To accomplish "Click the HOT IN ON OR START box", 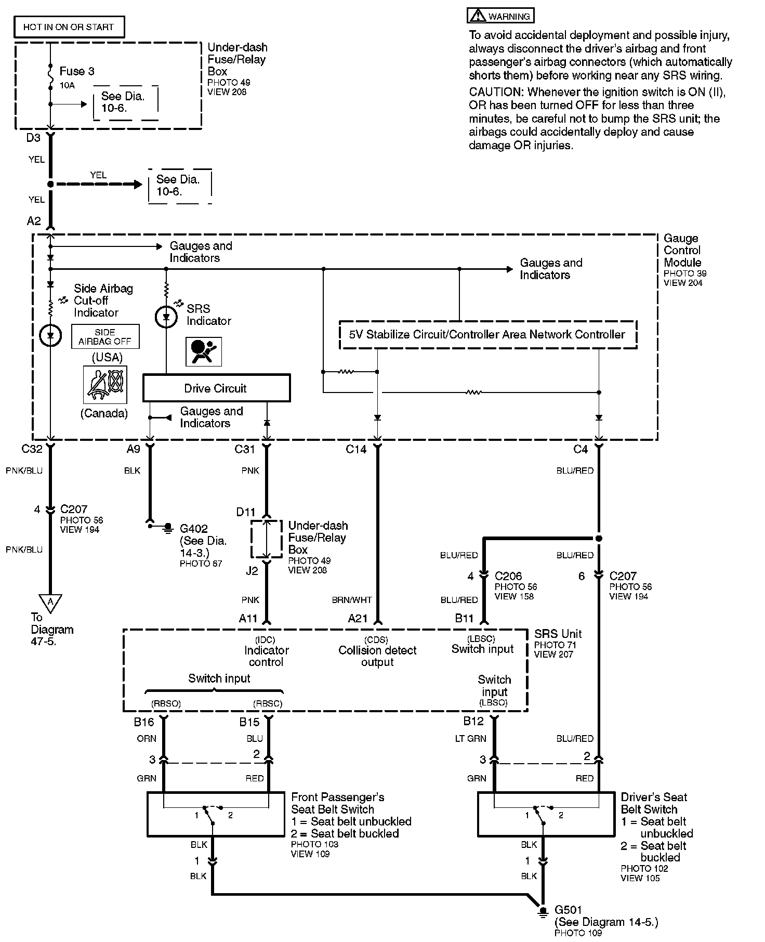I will coord(68,27).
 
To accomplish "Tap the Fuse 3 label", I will coord(77,71).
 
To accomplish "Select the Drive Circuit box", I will coord(216,388).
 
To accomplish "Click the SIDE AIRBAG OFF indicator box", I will coord(105,337).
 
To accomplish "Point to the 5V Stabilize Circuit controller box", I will coord(487,334).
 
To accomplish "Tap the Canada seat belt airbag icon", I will coord(105,385).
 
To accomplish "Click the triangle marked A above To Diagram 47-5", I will coord(50,602).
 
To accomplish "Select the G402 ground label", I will coord(194,529).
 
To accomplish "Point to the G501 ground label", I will coord(569,910).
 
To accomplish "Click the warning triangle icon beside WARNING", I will coord(477,16).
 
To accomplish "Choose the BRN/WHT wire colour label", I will coord(352,600).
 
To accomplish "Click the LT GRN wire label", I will coord(471,738).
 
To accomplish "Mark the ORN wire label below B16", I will coord(147,738).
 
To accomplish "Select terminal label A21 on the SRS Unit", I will coord(358,619).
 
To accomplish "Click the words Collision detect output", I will coord(377,656).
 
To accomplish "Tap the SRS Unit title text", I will coord(558,634).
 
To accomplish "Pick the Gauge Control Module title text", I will coord(682,251).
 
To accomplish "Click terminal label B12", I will coord(473,721).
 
